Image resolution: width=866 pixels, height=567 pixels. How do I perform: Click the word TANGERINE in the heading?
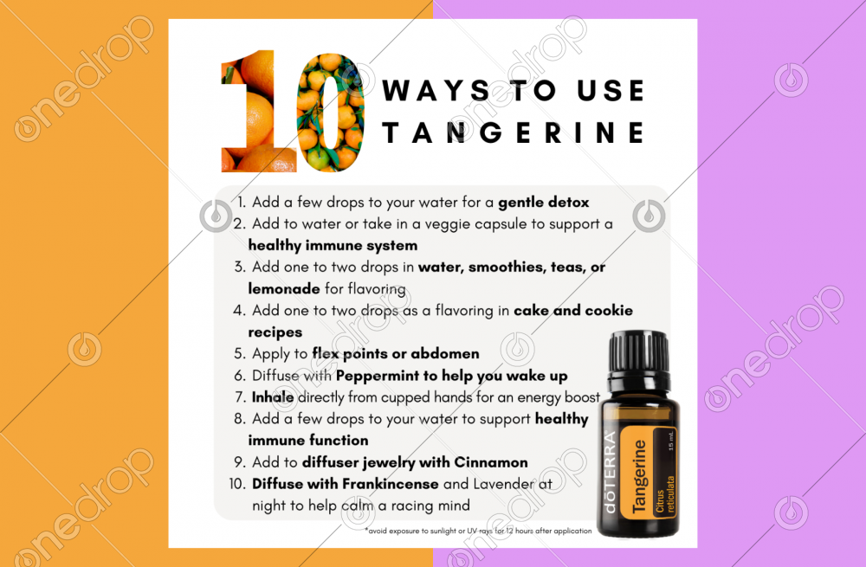(x=514, y=133)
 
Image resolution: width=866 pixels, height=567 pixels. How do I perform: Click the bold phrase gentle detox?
(x=543, y=203)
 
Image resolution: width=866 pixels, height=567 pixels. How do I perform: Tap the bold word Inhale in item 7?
(x=273, y=397)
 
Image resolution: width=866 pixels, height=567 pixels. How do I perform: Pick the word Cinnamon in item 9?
(x=495, y=462)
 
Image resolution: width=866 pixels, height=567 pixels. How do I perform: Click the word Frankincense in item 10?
(x=388, y=484)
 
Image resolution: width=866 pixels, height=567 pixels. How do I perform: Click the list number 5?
(x=239, y=354)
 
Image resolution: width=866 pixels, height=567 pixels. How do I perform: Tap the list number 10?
(x=237, y=484)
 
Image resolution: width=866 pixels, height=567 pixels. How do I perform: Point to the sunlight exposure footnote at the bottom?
(x=478, y=531)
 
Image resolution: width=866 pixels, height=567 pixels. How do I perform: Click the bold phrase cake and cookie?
(x=572, y=311)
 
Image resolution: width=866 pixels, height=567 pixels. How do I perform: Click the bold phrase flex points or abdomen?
(x=395, y=354)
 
